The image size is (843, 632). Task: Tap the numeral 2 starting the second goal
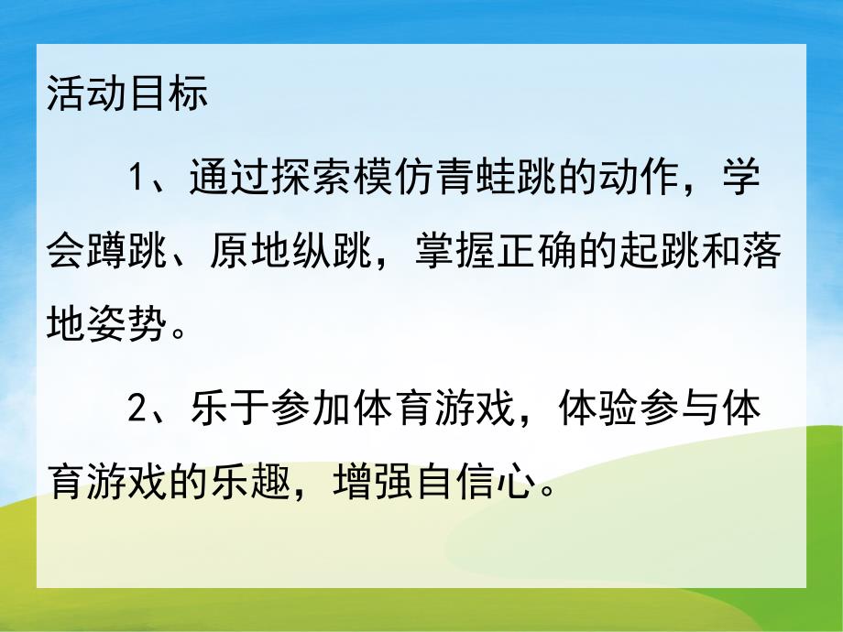click(138, 408)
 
